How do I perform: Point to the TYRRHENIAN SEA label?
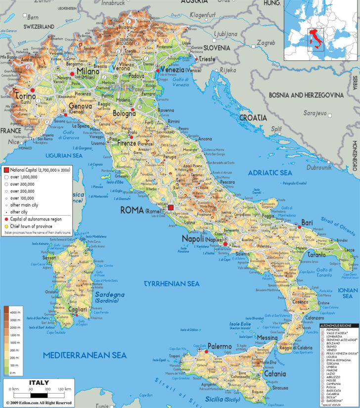pyautogui.click(x=171, y=284)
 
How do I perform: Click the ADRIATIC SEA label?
pyautogui.click(x=270, y=173)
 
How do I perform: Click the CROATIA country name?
pyautogui.click(x=253, y=118)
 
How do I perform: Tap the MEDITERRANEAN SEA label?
pyautogui.click(x=85, y=355)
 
